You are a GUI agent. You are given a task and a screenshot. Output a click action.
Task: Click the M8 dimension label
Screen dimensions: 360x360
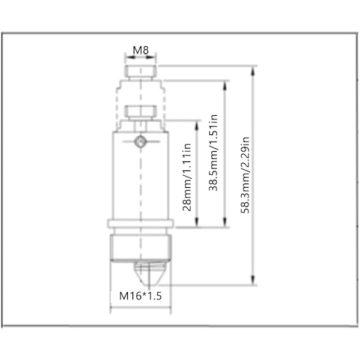tap(141, 50)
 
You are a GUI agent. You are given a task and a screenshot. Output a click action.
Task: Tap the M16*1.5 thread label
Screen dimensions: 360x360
tap(140, 296)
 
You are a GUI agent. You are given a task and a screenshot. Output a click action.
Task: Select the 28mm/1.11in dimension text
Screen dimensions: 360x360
tap(187, 177)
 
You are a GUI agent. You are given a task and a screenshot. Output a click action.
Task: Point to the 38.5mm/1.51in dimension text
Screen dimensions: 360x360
tap(213, 152)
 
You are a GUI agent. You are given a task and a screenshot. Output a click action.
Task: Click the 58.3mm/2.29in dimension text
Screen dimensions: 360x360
tap(245, 175)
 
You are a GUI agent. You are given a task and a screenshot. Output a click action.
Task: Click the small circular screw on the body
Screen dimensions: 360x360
tap(140, 142)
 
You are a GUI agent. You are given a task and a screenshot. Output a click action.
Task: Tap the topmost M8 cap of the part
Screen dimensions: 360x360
tap(141, 71)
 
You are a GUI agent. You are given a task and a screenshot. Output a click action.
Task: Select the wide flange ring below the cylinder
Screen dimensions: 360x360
tap(140, 224)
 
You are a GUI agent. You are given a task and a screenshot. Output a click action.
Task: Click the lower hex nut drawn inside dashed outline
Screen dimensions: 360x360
tap(140, 112)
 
